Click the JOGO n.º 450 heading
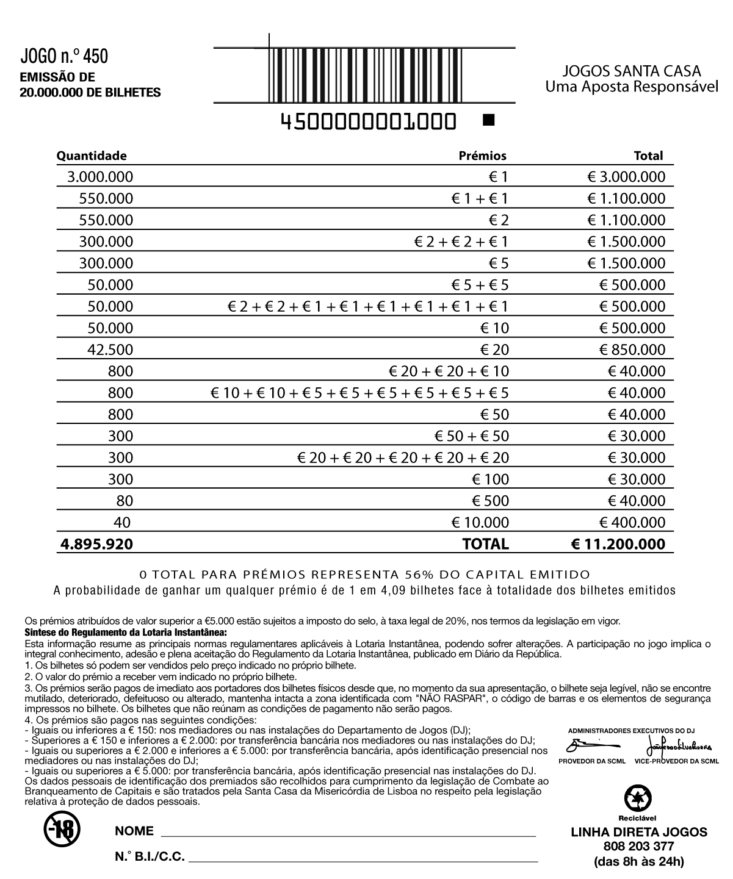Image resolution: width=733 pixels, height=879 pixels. click(64, 57)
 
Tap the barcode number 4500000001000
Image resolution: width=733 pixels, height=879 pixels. click(368, 122)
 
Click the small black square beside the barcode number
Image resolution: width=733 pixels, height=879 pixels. click(488, 120)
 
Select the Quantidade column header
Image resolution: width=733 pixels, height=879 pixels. click(92, 156)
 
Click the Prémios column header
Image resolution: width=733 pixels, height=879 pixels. click(482, 156)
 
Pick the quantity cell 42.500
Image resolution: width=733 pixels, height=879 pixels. click(110, 350)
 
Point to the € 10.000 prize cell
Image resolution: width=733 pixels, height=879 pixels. click(479, 522)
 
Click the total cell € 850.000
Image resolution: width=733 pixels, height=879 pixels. click(632, 350)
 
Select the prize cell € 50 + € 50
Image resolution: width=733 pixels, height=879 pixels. click(471, 436)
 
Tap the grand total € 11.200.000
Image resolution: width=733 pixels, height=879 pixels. click(618, 544)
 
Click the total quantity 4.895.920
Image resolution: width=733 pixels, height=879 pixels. click(96, 544)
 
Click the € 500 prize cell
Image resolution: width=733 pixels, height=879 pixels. click(490, 501)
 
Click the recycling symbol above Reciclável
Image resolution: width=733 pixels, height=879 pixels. click(638, 798)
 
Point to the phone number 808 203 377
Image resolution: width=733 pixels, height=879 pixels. click(638, 846)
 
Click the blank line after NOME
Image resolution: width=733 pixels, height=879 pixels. click(348, 833)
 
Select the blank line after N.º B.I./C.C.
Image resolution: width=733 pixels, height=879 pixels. click(364, 859)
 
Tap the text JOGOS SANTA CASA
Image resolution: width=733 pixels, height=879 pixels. click(632, 71)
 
